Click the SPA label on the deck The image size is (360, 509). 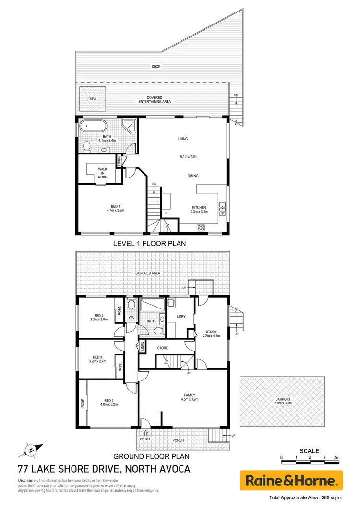93,99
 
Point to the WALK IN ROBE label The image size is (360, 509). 103,173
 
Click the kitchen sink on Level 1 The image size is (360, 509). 222,208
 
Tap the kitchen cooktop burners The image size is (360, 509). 201,227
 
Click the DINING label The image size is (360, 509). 193,176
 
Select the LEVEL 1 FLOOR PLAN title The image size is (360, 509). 149,244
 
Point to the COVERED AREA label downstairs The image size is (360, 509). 148,273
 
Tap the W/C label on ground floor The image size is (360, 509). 132,317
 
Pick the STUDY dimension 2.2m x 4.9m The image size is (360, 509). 212,336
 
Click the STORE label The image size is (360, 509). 163,348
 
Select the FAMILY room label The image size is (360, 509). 190,394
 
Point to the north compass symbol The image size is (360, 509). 29,450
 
